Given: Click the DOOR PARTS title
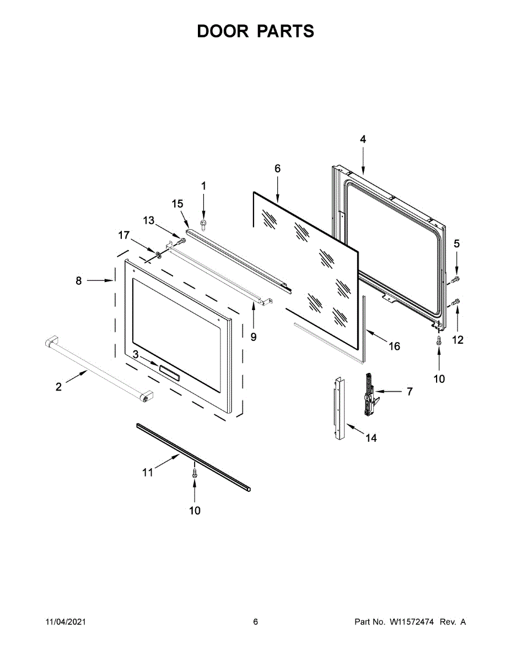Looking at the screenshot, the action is (256, 31).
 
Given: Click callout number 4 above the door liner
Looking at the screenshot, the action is (363, 139).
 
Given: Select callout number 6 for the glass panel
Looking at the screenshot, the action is (277, 169).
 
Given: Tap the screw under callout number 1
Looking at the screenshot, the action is (203, 223).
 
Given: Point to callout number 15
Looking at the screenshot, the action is (177, 204).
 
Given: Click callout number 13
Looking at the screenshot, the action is (149, 220).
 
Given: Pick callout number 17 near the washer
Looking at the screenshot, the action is (123, 236).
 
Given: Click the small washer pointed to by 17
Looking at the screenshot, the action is (158, 254).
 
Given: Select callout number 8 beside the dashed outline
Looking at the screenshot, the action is (78, 280).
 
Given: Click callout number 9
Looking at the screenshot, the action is (253, 337).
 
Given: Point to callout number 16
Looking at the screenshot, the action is (394, 346).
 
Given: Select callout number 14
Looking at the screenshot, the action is (371, 438).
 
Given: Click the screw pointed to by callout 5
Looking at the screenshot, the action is (455, 281).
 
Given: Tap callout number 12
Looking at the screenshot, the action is (458, 340).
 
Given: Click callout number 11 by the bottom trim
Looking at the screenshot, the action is (148, 472).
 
